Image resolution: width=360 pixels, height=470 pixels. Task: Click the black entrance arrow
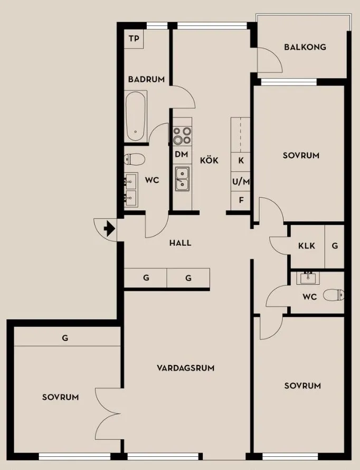click(x=109, y=229)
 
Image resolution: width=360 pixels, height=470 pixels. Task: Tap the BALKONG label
click(x=305, y=47)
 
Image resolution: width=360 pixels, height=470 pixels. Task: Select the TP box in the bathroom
click(x=134, y=39)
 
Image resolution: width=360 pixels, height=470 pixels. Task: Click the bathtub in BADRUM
click(x=136, y=116)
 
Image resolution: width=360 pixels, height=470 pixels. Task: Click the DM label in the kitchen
click(x=182, y=155)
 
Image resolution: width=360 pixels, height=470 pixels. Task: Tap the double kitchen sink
click(x=182, y=179)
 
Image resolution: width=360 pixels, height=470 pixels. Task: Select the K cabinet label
click(x=241, y=160)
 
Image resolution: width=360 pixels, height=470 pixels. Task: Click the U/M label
click(x=241, y=181)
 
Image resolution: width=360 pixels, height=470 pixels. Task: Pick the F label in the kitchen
click(x=241, y=200)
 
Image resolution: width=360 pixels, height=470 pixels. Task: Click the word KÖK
click(x=209, y=160)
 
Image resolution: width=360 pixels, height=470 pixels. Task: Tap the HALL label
click(x=181, y=243)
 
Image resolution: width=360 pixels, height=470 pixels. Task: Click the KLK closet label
click(x=307, y=246)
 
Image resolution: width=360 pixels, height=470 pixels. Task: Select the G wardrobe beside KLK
click(x=335, y=246)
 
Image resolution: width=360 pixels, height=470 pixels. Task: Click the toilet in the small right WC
click(x=334, y=295)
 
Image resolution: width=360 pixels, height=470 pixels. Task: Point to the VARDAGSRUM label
click(x=186, y=368)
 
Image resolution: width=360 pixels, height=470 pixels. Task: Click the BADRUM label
click(x=146, y=80)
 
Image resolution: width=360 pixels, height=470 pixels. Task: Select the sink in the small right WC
click(x=308, y=278)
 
